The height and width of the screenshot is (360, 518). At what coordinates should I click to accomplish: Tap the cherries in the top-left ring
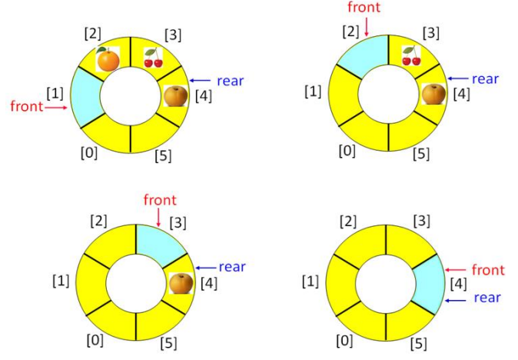tap(154, 56)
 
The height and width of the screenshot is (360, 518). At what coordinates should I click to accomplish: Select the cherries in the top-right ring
tap(411, 55)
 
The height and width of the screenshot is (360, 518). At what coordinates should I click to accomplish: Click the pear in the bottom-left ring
tap(181, 282)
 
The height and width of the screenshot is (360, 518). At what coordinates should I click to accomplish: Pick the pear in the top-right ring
tap(431, 94)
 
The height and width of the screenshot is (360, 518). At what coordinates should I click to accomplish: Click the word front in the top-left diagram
tap(26, 106)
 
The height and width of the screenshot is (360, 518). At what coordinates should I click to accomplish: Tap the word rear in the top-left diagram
tap(231, 79)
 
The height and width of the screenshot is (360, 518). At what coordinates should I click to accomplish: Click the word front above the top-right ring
tap(364, 9)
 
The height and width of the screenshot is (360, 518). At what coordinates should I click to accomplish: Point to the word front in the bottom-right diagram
tap(488, 270)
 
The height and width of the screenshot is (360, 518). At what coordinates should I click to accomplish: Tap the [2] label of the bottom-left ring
tap(98, 221)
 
